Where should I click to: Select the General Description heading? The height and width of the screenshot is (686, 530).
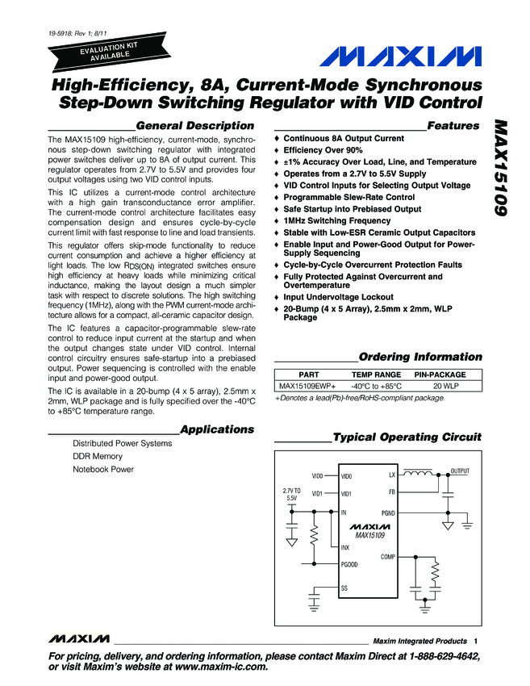coord(195,126)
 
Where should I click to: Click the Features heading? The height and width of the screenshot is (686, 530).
coord(454,126)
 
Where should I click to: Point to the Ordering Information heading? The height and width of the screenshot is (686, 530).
coord(420,357)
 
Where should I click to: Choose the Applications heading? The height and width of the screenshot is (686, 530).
coord(217,429)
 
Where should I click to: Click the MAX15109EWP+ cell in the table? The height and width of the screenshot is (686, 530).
coord(307,387)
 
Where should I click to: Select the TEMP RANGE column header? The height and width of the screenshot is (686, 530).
coord(376,375)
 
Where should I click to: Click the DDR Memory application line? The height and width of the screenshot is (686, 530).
coord(98,457)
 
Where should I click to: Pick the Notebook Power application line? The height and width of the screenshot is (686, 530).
coord(103,470)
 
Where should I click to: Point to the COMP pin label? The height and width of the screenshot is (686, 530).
coord(388,557)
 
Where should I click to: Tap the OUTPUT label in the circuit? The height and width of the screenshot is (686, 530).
coord(460,471)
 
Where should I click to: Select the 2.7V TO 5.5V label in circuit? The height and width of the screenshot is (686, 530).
coord(291,494)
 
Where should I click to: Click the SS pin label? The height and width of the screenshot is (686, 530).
coord(344,588)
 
